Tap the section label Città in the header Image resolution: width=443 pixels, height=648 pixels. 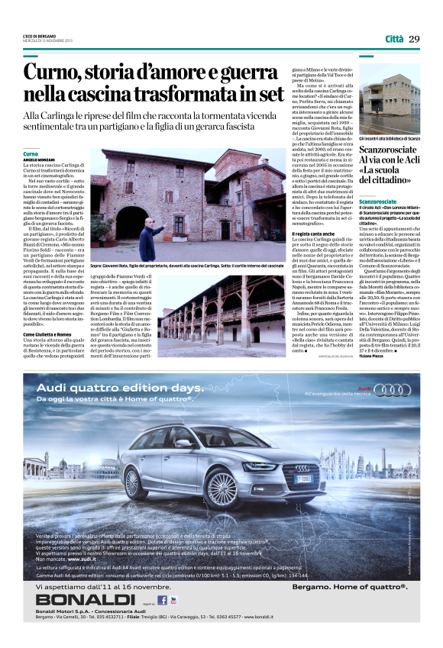[394, 39]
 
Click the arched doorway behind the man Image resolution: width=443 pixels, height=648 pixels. [124, 224]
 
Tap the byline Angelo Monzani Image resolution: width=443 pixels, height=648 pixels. [37, 159]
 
